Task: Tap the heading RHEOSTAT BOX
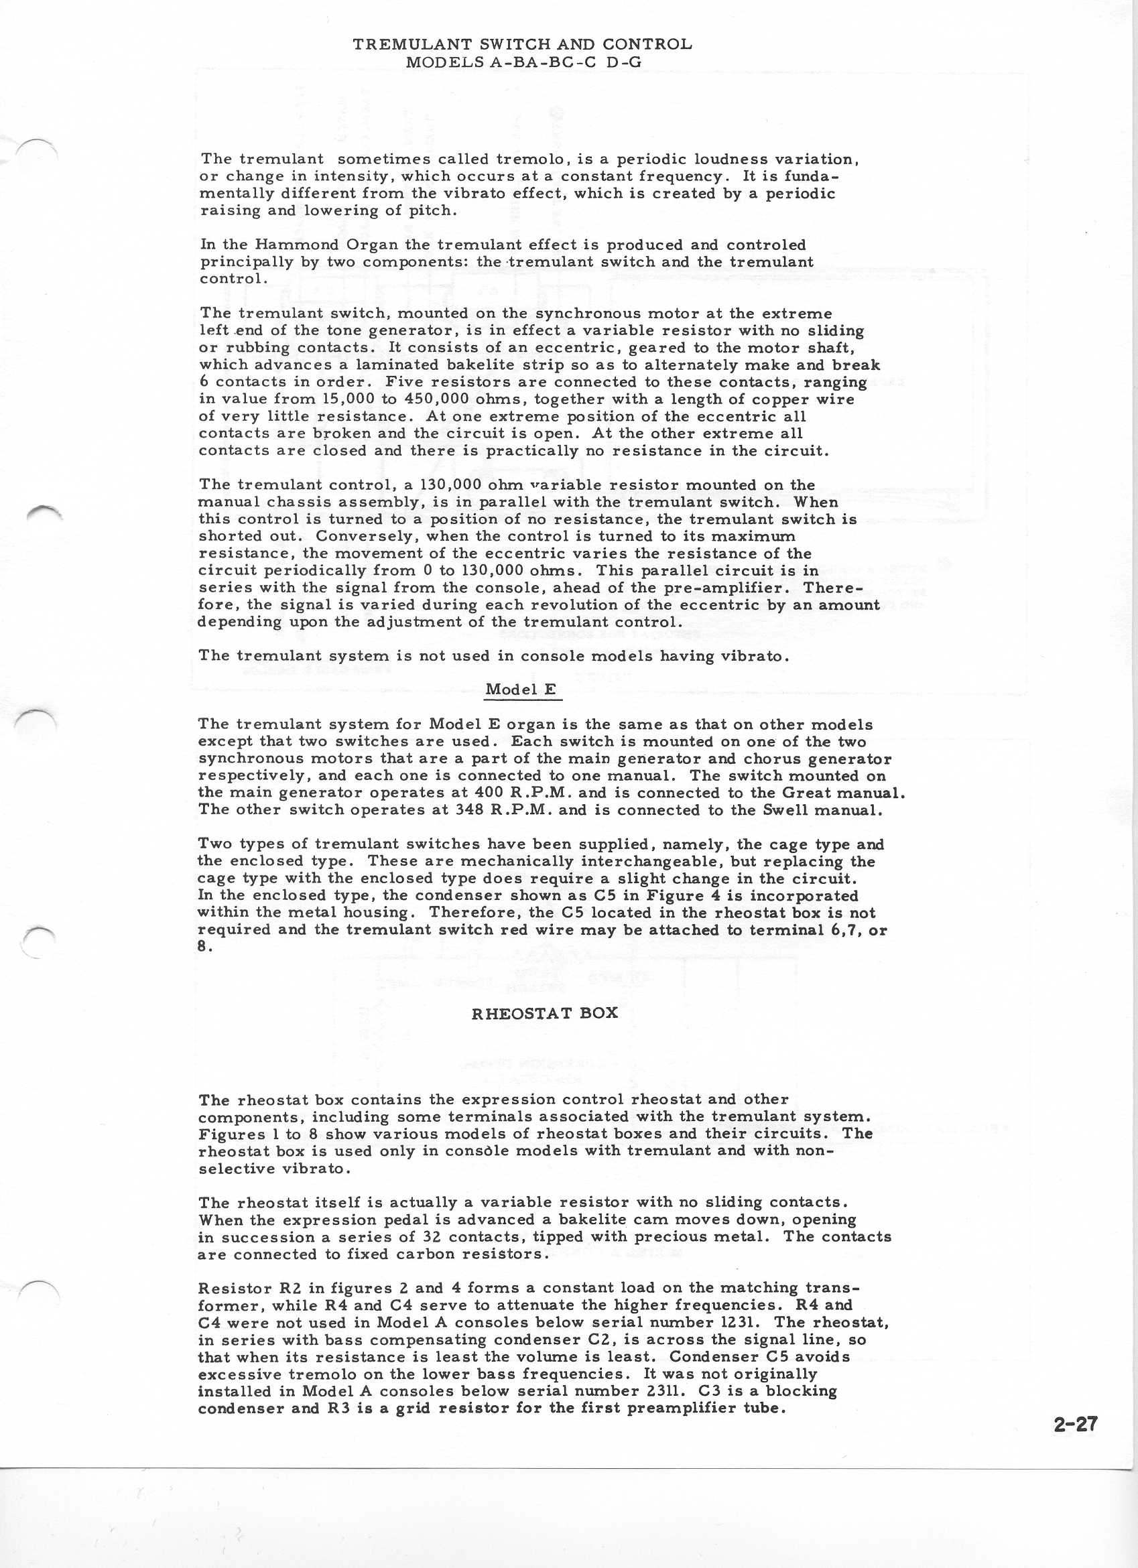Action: (x=544, y=1014)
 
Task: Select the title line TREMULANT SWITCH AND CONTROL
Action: (x=522, y=44)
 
